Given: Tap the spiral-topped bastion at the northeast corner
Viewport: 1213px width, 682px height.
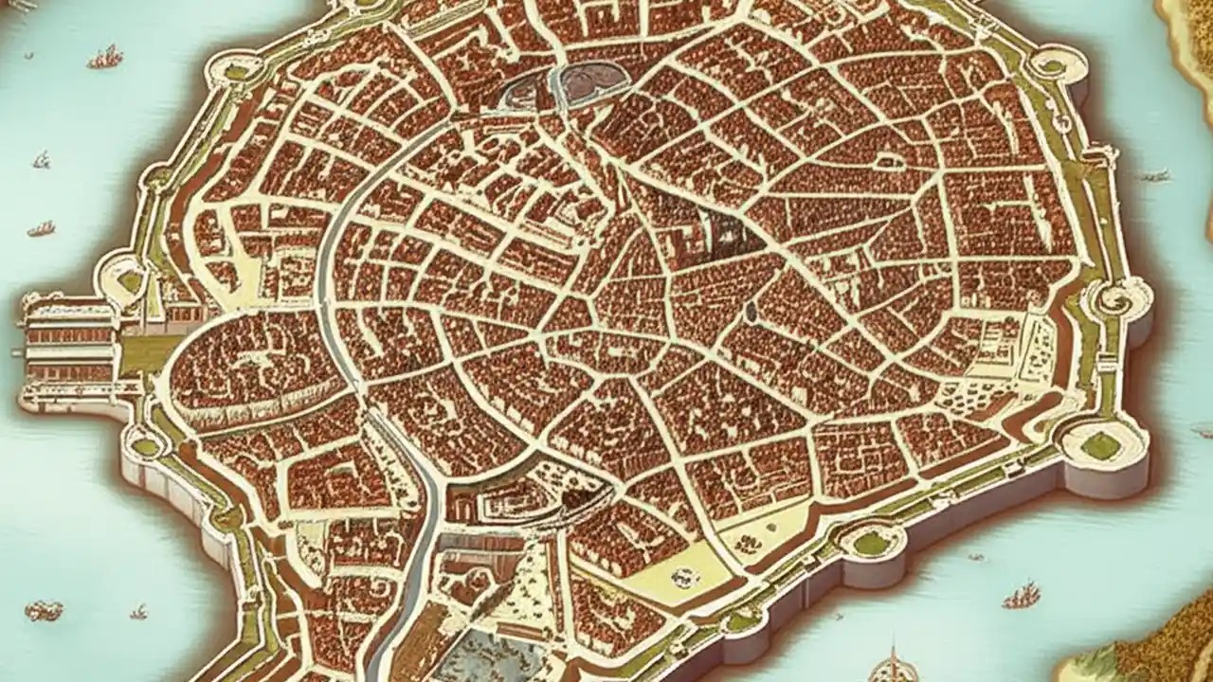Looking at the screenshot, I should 1051,66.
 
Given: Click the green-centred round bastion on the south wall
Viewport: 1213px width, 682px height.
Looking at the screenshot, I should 870,543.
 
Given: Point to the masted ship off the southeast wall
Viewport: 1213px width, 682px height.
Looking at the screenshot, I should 1021,596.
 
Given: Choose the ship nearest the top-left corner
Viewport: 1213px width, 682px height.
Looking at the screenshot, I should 105,58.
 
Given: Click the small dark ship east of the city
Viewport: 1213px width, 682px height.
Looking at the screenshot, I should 1154,175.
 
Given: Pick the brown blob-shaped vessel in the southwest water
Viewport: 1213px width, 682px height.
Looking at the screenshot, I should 44,611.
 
